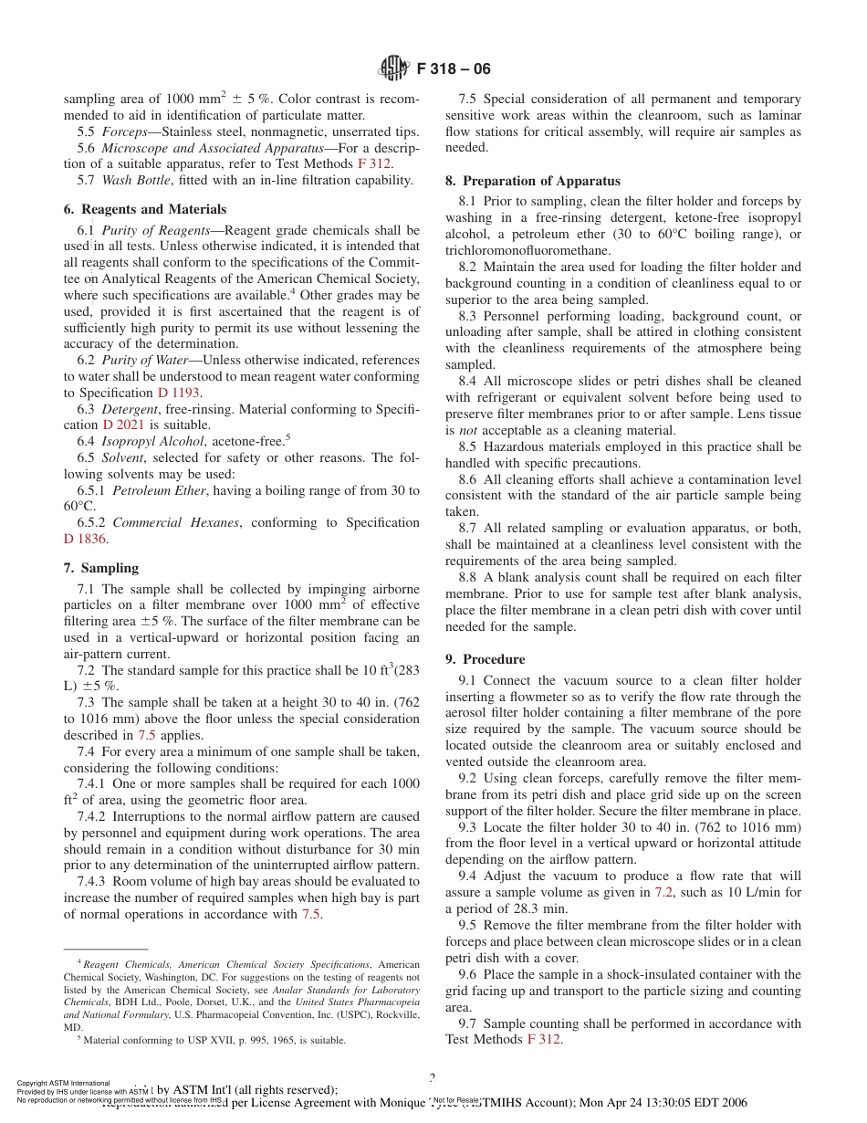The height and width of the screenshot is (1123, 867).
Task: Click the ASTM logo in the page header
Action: click(393, 68)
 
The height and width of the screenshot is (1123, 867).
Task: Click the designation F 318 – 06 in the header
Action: click(454, 69)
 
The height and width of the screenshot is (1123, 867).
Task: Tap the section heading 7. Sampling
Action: click(101, 568)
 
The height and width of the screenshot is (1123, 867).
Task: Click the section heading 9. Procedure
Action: click(485, 659)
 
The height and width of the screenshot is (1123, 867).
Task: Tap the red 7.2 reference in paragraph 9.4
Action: click(663, 893)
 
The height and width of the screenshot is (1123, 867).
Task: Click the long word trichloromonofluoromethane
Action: click(528, 250)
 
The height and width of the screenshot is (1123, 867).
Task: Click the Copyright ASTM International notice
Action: click(63, 1083)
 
